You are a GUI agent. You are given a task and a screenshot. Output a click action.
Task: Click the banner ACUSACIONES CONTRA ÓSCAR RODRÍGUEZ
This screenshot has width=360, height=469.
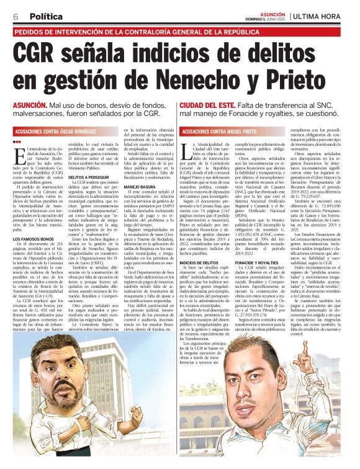pos(56,132)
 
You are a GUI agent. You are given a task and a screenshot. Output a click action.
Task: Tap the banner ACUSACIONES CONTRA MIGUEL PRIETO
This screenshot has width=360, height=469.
pos(220,132)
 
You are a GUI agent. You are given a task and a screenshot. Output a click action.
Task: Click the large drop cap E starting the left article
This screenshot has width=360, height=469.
pos(17,154)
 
